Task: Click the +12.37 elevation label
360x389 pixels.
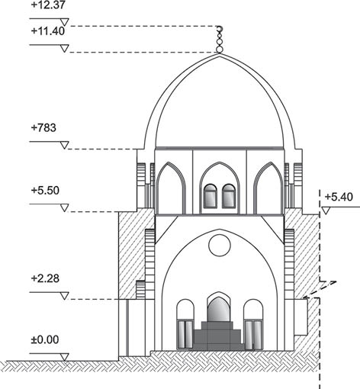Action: pos(48,5)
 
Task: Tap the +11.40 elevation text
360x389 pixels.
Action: pos(48,31)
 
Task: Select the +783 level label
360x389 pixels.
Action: pos(43,127)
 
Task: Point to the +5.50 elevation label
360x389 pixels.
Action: pos(45,191)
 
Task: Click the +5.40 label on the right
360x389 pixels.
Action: pos(339,197)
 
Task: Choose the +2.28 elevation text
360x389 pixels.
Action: pos(45,278)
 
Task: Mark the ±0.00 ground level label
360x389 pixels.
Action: pos(45,339)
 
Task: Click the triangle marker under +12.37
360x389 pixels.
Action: pos(65,22)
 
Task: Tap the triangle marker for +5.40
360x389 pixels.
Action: pos(326,211)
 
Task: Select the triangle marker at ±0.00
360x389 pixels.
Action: pos(65,357)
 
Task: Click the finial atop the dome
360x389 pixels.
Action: pos(219,40)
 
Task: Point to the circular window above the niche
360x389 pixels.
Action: pos(220,246)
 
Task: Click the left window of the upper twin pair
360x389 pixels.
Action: pos(211,196)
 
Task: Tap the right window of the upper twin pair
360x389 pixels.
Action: pos(229,196)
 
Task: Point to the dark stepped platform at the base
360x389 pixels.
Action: pos(218,336)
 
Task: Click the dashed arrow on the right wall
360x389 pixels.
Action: pos(320,289)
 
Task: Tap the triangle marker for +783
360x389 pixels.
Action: pos(65,145)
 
